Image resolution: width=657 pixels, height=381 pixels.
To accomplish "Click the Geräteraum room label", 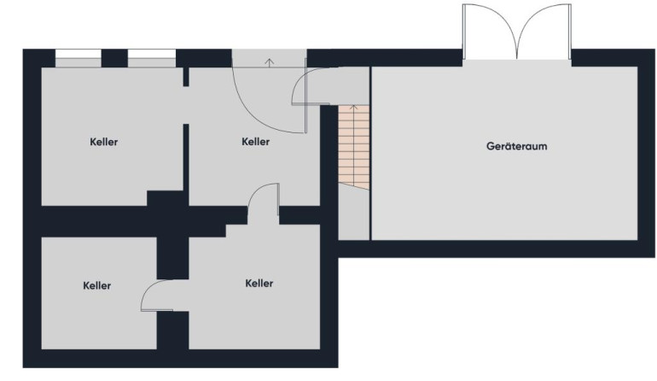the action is tap(516, 146).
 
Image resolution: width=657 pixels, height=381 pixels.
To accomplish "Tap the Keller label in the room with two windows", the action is tap(104, 142).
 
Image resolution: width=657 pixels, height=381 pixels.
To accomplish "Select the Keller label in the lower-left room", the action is tap(96, 285).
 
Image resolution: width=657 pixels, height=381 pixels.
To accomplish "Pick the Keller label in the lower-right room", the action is tap(259, 284).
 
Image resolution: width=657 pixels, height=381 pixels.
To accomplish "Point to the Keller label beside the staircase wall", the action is tap(256, 142).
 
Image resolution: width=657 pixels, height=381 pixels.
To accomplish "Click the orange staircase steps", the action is tap(354, 147).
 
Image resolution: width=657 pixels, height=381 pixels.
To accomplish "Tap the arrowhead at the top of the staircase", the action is tap(354, 108).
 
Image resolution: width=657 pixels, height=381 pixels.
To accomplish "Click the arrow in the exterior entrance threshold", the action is tap(270, 62).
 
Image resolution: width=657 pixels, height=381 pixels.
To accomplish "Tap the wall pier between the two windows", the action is tap(114, 58).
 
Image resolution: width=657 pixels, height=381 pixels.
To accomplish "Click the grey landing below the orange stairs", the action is tap(354, 214).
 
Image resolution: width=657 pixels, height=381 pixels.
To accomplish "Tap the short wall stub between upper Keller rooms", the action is tap(186, 77).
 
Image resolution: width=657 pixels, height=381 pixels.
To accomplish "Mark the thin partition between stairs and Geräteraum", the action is tap(371, 154).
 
